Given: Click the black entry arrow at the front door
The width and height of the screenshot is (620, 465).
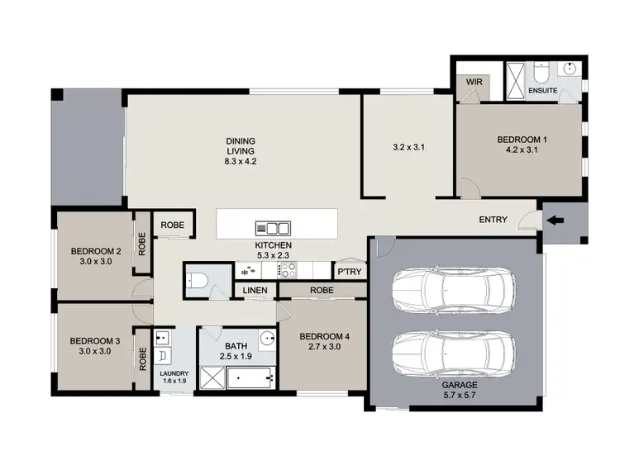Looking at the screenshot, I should (553, 220).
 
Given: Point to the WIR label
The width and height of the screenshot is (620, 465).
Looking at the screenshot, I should (474, 83).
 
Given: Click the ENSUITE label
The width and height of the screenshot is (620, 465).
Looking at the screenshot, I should (542, 89).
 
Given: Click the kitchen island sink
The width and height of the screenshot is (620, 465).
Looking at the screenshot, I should (273, 228).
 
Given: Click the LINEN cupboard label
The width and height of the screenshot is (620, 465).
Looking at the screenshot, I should (255, 290).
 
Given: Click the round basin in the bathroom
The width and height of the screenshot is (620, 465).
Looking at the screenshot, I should (266, 337).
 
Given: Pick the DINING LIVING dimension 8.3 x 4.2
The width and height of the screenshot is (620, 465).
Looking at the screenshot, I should (241, 162).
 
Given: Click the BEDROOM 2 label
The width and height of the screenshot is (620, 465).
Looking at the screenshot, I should (96, 252).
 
